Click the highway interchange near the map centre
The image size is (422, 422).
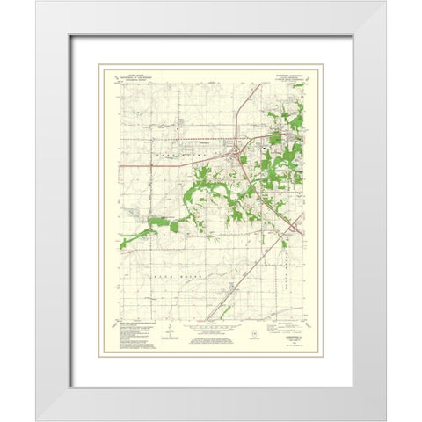pos(236,157)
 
